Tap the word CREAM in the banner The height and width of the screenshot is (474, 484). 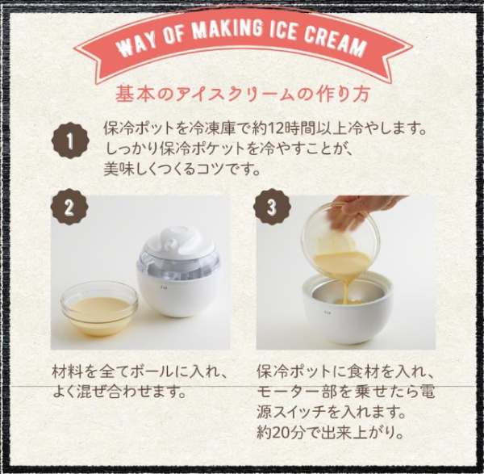(x=336, y=42)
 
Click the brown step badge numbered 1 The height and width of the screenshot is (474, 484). (x=70, y=141)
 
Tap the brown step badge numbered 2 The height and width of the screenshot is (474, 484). (x=69, y=207)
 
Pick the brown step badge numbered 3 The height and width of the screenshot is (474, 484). (x=272, y=207)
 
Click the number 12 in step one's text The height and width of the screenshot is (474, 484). (x=275, y=129)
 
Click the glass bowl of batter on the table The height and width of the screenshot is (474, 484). (x=99, y=308)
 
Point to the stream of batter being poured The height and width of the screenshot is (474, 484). (x=348, y=287)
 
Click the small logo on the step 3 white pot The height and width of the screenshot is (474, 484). (x=326, y=313)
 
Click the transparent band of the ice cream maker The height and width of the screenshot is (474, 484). (x=179, y=266)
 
